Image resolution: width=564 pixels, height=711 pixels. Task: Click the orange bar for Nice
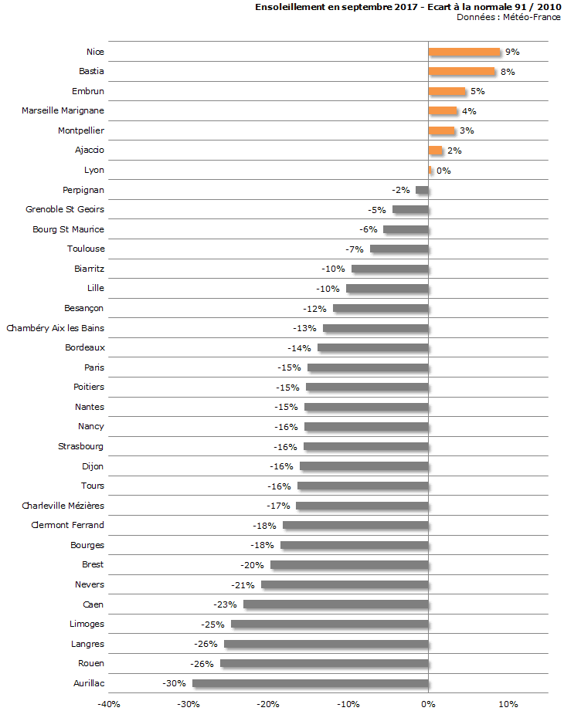[464, 52]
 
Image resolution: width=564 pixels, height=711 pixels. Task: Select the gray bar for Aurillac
[311, 683]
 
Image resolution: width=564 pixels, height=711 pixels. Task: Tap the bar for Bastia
[461, 72]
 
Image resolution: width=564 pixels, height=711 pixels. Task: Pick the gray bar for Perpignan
[422, 190]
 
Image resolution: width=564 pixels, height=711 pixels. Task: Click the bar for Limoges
[330, 624]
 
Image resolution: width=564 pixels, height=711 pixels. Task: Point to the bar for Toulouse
[399, 249]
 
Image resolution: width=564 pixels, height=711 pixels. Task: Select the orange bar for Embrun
[447, 91]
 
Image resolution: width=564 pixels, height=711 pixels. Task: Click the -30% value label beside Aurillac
[173, 683]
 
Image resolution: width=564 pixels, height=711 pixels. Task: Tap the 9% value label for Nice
[512, 52]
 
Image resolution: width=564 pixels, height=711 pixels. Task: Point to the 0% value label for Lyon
[443, 171]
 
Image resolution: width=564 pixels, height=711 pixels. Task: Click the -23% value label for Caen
[224, 604]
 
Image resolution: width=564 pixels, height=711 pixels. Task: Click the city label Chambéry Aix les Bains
[56, 328]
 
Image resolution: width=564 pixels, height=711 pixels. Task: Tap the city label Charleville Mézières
[63, 506]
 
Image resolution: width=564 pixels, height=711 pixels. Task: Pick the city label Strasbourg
[81, 446]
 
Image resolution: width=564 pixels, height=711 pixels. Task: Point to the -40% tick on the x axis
[108, 704]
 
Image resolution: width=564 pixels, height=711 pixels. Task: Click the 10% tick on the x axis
[508, 704]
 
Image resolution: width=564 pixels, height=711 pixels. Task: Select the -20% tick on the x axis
[268, 704]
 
